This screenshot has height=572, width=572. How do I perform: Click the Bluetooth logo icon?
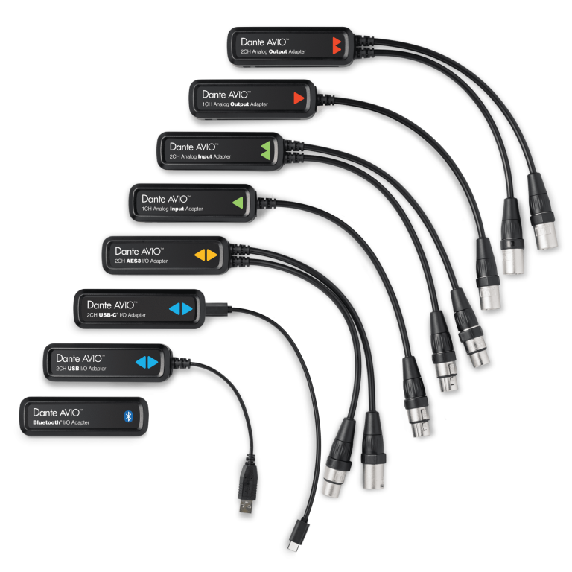tap(128, 416)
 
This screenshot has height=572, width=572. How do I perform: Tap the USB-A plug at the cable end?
tap(248, 485)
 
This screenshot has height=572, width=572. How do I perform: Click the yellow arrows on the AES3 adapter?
tap(206, 255)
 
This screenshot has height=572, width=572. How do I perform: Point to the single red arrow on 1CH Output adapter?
tap(299, 98)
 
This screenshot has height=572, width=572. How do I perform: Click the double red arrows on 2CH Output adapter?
tap(337, 45)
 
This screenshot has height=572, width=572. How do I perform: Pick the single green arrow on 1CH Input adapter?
tap(238, 203)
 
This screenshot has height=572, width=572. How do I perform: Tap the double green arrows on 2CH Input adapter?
tap(266, 150)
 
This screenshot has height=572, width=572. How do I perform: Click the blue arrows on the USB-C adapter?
tap(180, 308)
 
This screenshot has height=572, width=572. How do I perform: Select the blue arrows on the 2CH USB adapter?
tap(147, 362)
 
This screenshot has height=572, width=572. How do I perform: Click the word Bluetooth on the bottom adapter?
tap(47, 422)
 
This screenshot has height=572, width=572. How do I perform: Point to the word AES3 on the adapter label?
tap(133, 261)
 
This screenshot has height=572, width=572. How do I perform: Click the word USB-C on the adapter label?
tap(107, 315)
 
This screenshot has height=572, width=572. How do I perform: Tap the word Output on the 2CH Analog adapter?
tap(278, 51)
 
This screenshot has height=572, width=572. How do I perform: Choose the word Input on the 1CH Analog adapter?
tap(177, 209)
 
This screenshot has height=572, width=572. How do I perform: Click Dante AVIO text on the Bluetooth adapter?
tap(57, 413)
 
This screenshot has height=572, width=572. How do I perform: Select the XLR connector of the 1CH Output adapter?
tap(488, 274)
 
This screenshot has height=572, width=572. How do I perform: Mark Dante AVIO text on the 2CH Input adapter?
tap(194, 147)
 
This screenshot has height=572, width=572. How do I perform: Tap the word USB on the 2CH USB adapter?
tap(73, 369)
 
